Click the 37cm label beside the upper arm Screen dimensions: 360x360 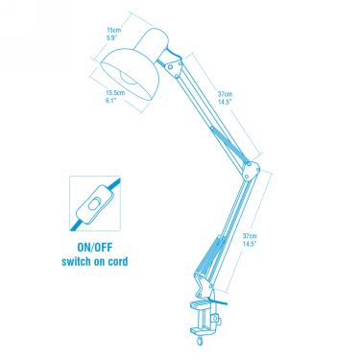pos(224,82)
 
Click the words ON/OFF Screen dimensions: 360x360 pos(95,247)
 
